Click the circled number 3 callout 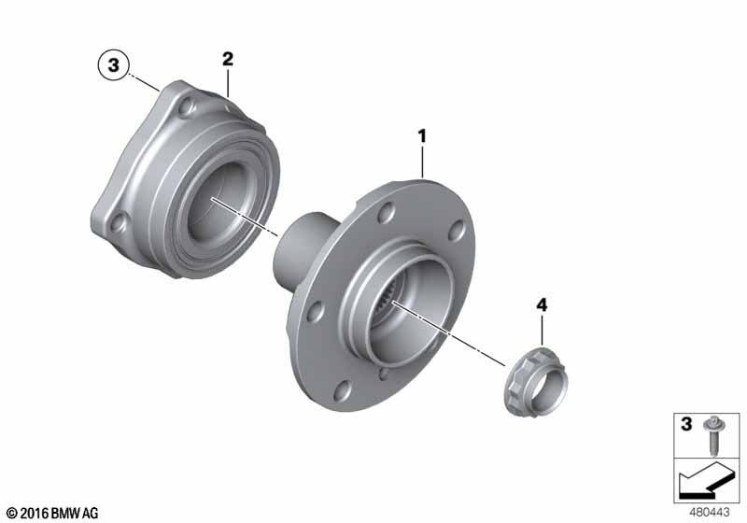coord(113,64)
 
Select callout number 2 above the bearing coord(228,59)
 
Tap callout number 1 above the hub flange coord(422,136)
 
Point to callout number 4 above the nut coord(542,305)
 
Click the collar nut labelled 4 coord(535,383)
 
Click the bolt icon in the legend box coord(713,436)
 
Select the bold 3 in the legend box coord(686,424)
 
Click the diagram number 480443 coord(710,513)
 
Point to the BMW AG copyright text coord(53,513)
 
